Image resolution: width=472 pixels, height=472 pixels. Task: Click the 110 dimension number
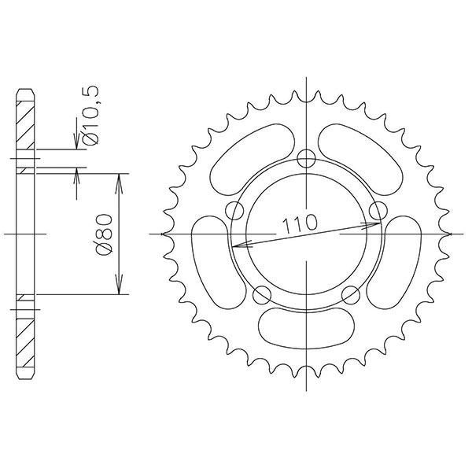pos(300,224)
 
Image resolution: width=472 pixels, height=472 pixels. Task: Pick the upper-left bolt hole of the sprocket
pos(234,210)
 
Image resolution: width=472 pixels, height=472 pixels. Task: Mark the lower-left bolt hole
pos(263,295)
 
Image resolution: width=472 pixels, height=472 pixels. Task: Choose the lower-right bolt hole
pos(351,295)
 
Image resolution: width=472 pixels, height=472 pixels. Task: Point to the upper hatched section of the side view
pos(26,126)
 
